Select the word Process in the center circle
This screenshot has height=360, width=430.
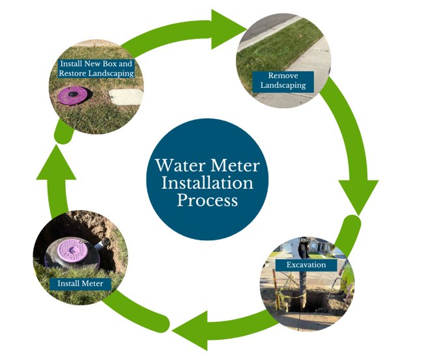click(207, 199)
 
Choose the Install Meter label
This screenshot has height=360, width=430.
click(80, 284)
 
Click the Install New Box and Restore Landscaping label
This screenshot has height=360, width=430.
click(96, 69)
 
